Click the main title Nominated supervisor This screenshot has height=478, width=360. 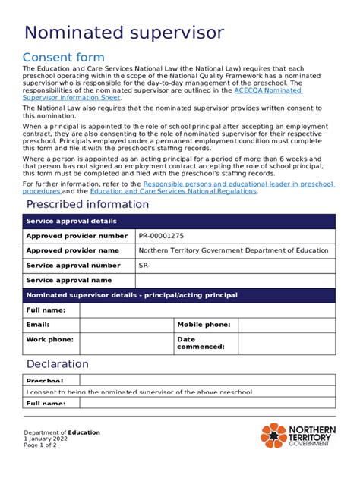coord(124,33)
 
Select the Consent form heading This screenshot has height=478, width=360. coord(64,58)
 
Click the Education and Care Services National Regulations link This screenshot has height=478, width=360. coord(173,191)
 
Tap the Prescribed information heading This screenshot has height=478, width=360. coord(87,204)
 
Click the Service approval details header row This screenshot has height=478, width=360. coord(178,221)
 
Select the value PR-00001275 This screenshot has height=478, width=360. coord(161,236)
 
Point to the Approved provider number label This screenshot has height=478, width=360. coord(77,236)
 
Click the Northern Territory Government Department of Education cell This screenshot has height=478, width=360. coord(233,250)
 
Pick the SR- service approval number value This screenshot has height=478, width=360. coord(145,266)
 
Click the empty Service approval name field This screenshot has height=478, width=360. coord(234,280)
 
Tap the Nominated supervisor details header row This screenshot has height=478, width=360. coord(178,295)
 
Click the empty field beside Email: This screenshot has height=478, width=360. coord(126,324)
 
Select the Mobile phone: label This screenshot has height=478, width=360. coord(204,324)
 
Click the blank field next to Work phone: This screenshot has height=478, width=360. coord(126,343)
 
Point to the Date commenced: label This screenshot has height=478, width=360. coord(201,343)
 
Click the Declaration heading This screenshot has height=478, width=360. coord(58,364)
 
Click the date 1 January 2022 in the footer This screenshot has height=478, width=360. coord(46,439)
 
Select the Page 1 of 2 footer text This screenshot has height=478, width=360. coord(40,445)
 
